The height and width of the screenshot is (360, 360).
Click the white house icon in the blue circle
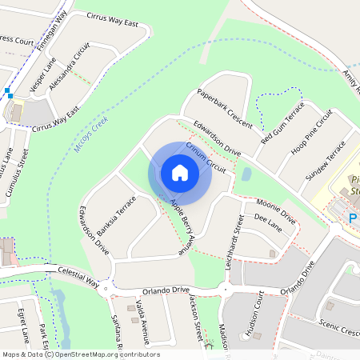(180, 173)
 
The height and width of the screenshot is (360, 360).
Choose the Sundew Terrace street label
(328, 161)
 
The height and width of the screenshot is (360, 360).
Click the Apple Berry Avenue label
(182, 226)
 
